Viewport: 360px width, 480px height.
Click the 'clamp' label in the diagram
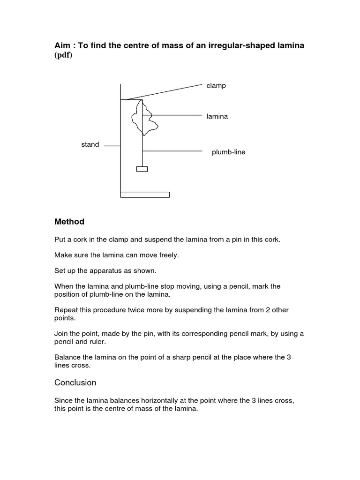click(216, 86)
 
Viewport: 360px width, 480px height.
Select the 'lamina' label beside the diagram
click(217, 116)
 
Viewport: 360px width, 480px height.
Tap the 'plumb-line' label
click(228, 152)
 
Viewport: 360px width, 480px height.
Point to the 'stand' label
click(90, 144)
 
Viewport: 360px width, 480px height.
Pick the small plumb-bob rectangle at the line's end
click(142, 169)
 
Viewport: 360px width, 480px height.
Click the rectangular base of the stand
click(145, 195)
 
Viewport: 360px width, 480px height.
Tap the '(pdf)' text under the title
click(63, 55)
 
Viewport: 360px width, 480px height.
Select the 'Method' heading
click(69, 221)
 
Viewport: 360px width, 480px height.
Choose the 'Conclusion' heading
click(75, 382)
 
